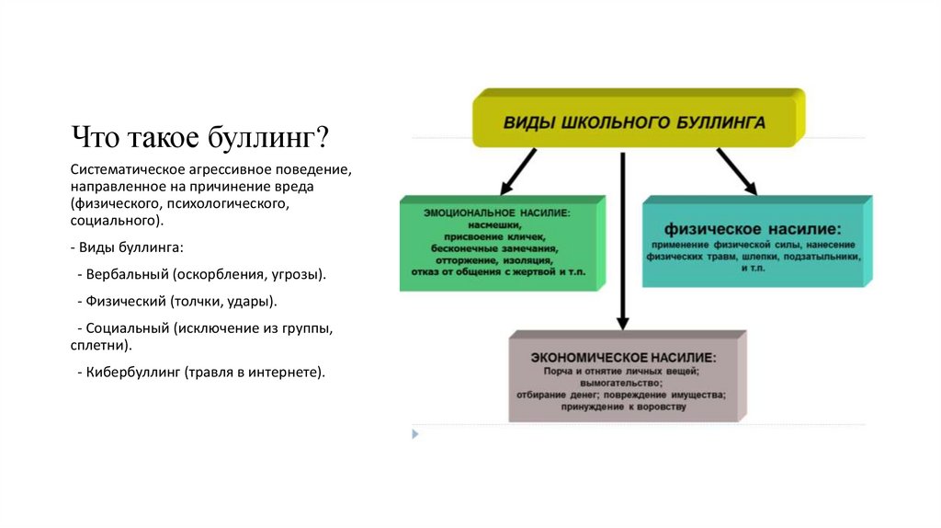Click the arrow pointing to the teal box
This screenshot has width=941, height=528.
click(736, 171)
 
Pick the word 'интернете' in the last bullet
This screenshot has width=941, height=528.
click(288, 373)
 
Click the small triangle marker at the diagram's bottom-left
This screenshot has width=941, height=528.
click(415, 432)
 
